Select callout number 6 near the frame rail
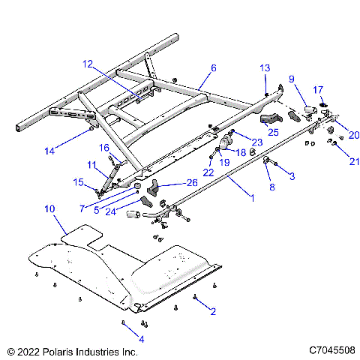[x=213, y=68]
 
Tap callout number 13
[x=264, y=68]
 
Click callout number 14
[x=49, y=151]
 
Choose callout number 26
[x=192, y=181]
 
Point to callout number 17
[x=318, y=89]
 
